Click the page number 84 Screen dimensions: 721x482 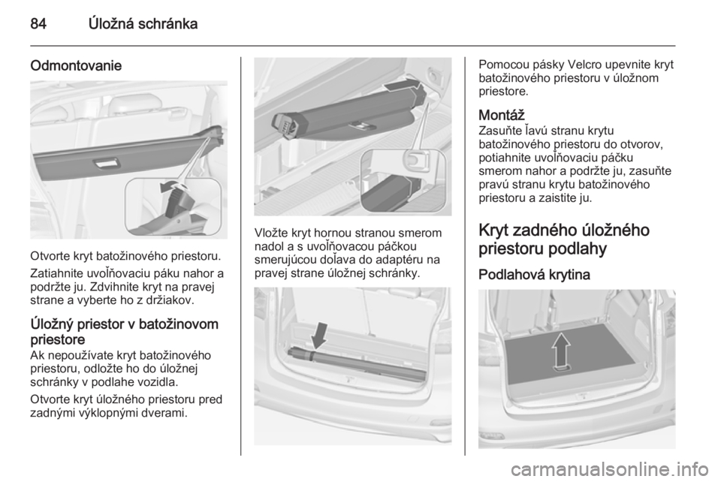point(38,23)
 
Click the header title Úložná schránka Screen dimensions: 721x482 point(143,23)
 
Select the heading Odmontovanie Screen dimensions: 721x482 point(76,66)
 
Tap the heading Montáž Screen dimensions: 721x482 point(501,114)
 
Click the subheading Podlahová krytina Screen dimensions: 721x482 point(534,275)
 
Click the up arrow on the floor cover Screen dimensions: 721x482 point(562,349)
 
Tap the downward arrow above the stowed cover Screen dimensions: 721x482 point(320,336)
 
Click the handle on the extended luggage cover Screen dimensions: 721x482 point(107,162)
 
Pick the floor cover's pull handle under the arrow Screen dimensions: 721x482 point(561,368)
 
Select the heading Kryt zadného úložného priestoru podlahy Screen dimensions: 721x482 point(564,239)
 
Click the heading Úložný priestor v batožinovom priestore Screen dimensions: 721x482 point(125,332)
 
